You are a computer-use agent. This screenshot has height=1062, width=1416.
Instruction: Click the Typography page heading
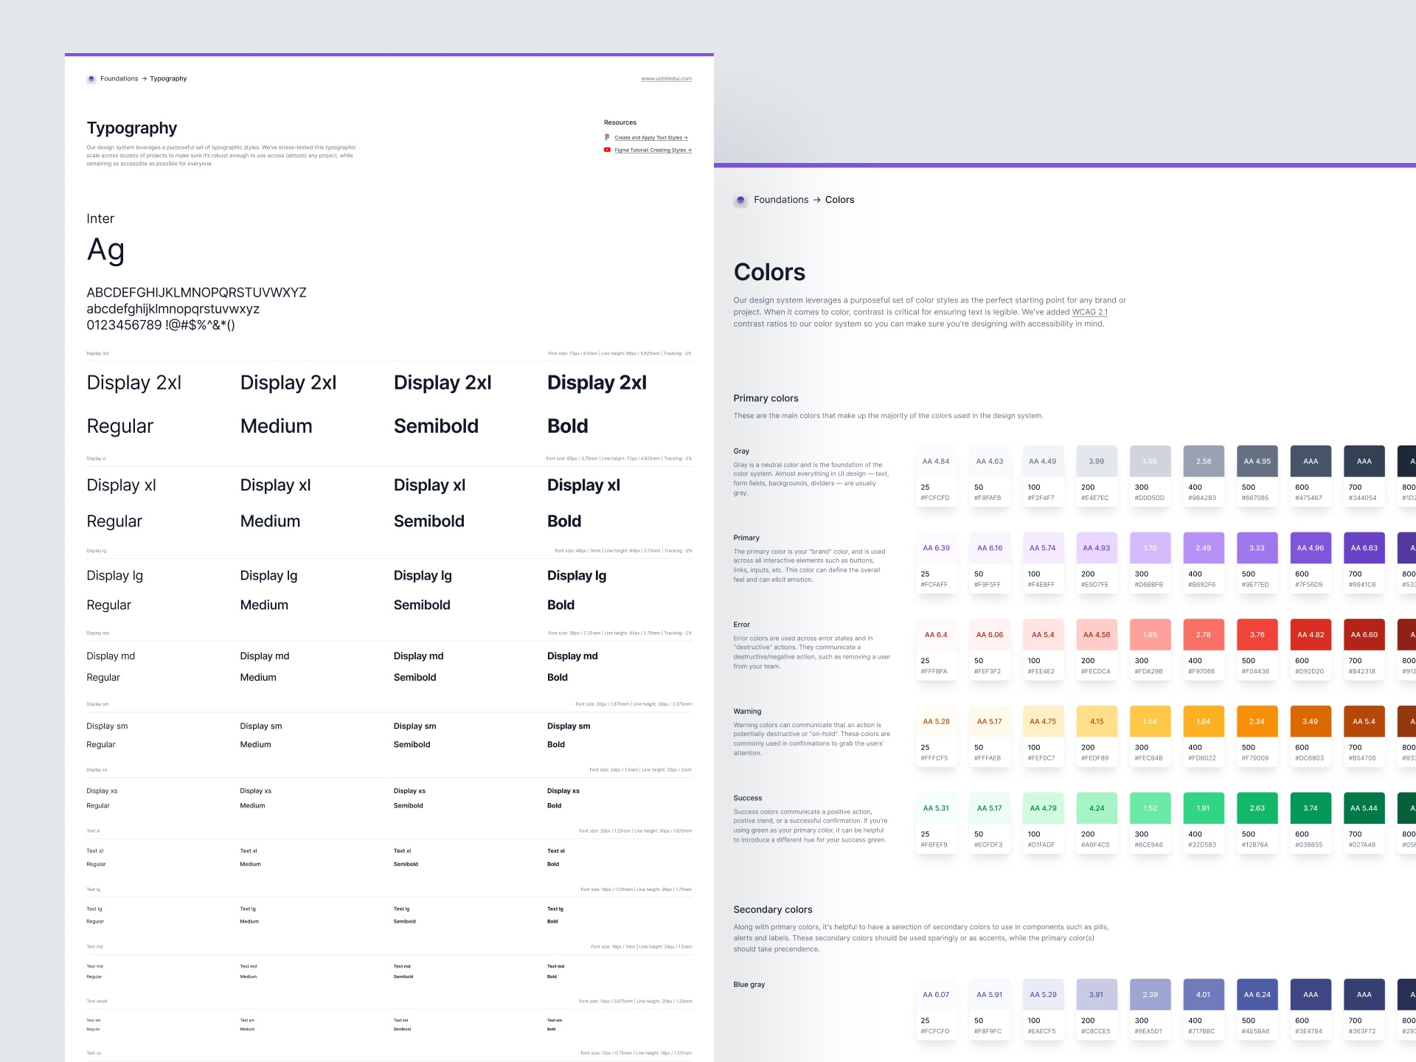tap(132, 128)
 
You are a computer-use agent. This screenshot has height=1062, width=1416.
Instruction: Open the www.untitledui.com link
tap(666, 79)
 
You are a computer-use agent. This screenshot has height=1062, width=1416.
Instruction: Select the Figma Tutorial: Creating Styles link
tap(652, 150)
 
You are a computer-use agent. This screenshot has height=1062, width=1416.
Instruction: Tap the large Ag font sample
tap(105, 251)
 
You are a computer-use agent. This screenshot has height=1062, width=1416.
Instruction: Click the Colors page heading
tap(769, 272)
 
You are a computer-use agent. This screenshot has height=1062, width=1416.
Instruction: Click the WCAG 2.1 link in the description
tap(1089, 312)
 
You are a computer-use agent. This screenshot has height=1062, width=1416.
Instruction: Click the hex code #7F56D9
tap(1309, 585)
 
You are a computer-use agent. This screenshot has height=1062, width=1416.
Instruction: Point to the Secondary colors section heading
tap(773, 910)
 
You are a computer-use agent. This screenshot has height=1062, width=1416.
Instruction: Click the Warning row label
tap(747, 712)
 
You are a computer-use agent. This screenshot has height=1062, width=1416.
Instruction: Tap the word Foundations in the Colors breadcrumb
tap(781, 200)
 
